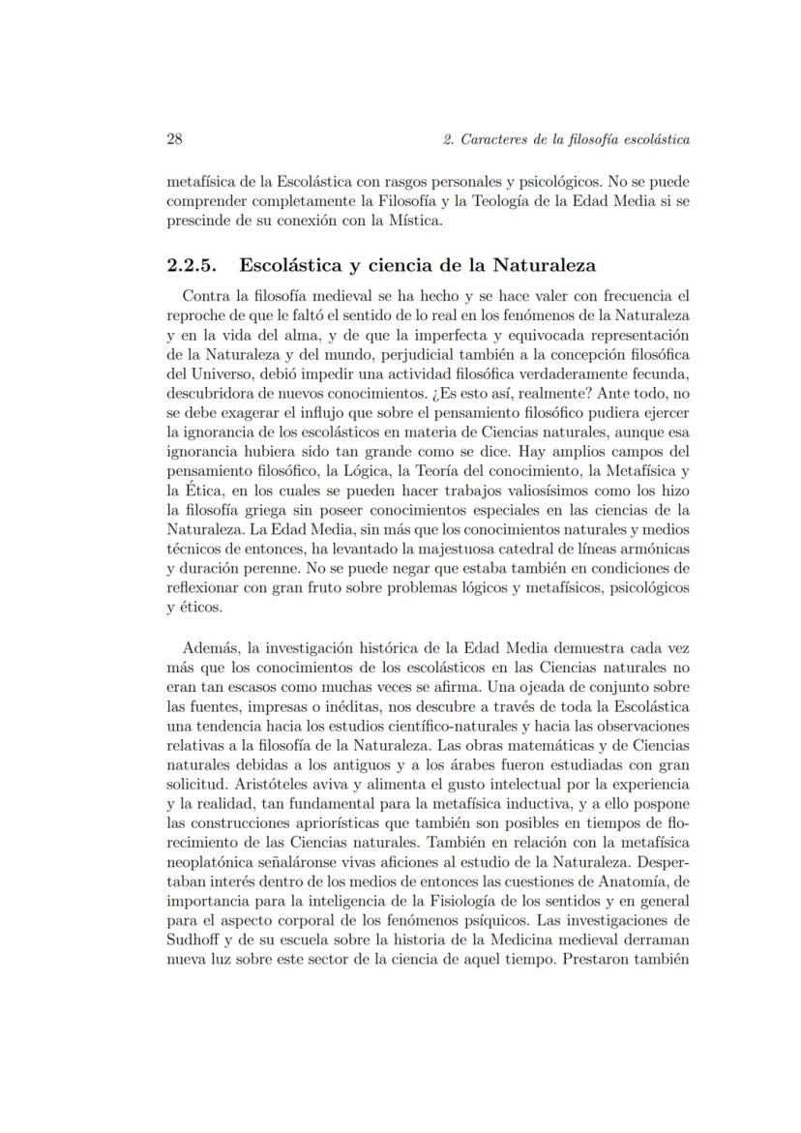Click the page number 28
pyautogui.click(x=175, y=139)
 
